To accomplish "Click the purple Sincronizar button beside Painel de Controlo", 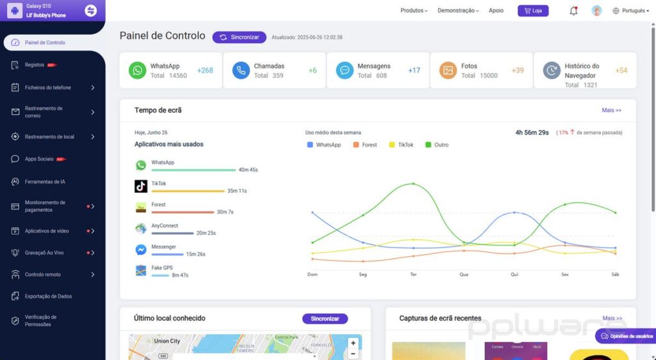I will [x=239, y=37].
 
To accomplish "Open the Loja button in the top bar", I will [x=532, y=11].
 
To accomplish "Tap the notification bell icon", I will [x=573, y=11].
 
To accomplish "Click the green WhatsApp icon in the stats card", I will [x=137, y=70].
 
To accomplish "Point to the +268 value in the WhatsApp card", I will [x=205, y=70].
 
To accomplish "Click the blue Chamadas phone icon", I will [x=241, y=70].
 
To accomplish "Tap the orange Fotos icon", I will [x=448, y=70].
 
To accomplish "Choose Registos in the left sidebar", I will [x=35, y=65].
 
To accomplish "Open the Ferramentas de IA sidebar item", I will [x=45, y=182].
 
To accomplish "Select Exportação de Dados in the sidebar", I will [x=48, y=297].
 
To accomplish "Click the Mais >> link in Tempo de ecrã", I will [x=611, y=110].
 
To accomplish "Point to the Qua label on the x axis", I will [x=464, y=274].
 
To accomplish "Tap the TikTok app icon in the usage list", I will [x=141, y=186].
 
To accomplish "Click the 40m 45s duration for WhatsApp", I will [x=248, y=170].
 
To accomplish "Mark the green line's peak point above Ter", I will [x=413, y=184].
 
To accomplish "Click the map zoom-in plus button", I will [x=353, y=343].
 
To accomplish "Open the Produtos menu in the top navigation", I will [x=413, y=11].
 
